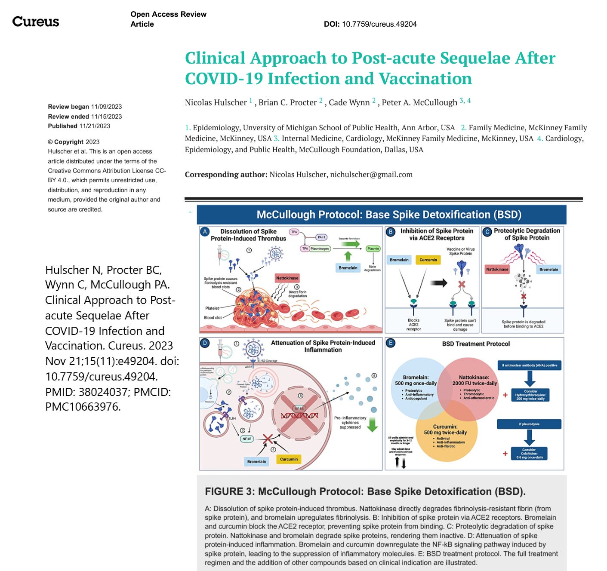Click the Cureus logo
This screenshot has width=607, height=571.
36,21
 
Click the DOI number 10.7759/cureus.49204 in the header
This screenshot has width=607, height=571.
379,24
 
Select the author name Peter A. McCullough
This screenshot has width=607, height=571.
419,102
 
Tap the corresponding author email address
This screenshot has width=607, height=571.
371,175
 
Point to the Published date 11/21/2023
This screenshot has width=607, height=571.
95,126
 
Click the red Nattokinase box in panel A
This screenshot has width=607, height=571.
287,278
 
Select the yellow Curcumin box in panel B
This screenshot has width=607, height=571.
428,260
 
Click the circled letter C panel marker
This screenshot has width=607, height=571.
487,232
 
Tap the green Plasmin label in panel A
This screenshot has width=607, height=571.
373,249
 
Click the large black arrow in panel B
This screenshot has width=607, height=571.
439,282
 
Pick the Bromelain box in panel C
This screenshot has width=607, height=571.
549,270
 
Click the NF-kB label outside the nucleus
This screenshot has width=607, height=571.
246,439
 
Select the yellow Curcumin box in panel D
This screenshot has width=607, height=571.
289,459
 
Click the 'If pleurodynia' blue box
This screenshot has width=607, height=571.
529,424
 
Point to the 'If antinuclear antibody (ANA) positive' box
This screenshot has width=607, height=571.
529,365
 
